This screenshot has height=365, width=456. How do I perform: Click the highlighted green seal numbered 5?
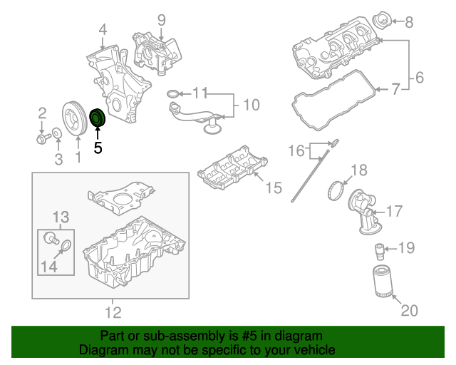[97, 118]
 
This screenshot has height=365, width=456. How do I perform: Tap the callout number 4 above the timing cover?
[103, 30]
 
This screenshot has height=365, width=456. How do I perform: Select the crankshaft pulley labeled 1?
[73, 118]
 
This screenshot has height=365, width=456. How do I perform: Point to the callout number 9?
[161, 19]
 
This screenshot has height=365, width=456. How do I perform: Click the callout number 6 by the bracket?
[419, 76]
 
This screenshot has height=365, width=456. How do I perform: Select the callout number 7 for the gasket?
[395, 89]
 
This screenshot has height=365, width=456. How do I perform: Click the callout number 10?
[252, 106]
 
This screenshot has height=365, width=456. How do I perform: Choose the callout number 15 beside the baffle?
[274, 187]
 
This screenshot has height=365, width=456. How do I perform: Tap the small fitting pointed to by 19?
[380, 250]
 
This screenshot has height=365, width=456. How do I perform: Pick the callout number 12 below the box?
[113, 312]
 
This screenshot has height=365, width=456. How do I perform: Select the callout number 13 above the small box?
[61, 216]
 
